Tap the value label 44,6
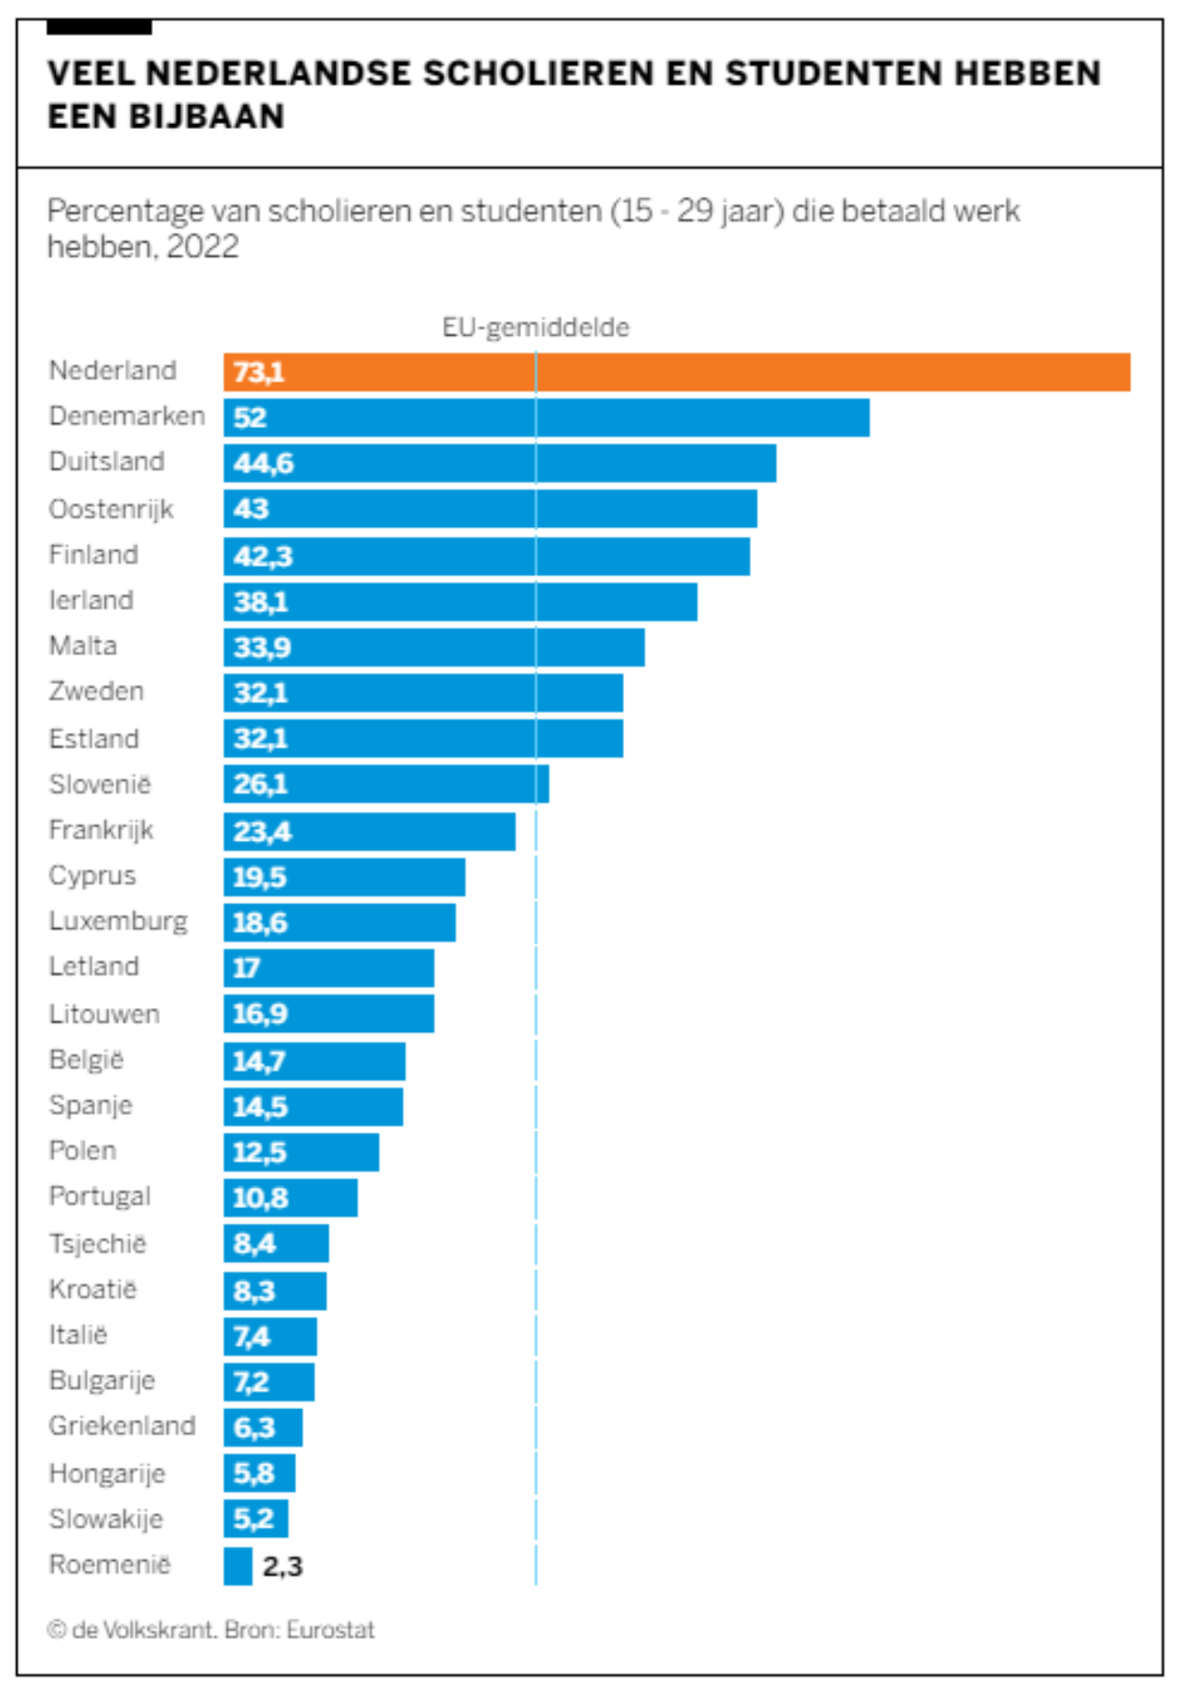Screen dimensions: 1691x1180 tap(263, 464)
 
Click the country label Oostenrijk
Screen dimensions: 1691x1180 tap(111, 509)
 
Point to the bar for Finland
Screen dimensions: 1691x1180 tap(487, 556)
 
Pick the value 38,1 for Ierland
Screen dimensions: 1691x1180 tap(260, 602)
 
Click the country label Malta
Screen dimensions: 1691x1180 tap(83, 645)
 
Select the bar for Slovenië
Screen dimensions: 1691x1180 tap(386, 785)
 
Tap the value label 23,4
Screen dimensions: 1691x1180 tap(262, 831)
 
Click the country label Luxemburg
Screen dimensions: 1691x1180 tap(118, 921)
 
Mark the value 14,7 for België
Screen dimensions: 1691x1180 tap(259, 1061)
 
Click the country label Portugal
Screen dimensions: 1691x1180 tap(100, 1197)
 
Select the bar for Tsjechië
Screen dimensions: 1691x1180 tap(276, 1244)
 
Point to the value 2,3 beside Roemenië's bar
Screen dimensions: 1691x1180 tap(283, 1567)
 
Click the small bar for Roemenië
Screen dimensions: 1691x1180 tap(238, 1566)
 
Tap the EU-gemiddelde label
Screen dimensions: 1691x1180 tap(536, 328)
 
